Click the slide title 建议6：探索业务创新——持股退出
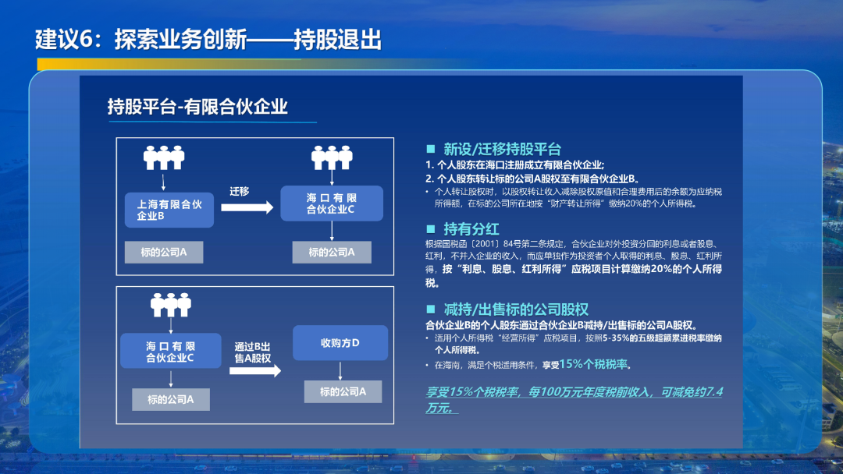pos(208,40)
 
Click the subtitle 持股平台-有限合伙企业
pos(197,106)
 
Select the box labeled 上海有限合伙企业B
pos(169,210)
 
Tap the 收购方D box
pos(340,344)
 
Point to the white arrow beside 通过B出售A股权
pos(254,371)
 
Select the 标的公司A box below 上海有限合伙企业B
pos(163,253)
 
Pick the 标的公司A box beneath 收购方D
pos(343,391)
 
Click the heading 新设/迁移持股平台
pos(502,149)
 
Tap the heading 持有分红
pos(471,228)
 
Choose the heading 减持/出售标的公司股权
pos(515,309)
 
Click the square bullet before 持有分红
pos(430,229)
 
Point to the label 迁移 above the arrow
pos(240,191)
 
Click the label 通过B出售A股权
pos(252,352)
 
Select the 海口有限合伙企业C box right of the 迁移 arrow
pos(331,204)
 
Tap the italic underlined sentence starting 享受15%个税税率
pos(574,398)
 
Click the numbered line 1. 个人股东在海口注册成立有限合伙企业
pos(515,164)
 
